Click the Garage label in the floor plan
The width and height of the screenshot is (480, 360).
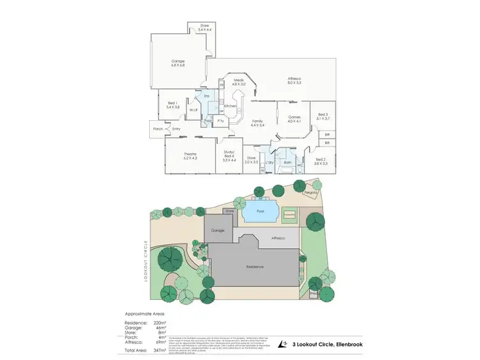(178, 61)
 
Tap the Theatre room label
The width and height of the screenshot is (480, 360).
(190, 153)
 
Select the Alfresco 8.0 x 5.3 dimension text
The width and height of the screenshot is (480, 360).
(294, 82)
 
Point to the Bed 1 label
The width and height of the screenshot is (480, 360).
(172, 103)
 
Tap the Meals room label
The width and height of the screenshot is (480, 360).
(239, 80)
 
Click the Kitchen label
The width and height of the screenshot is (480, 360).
(230, 106)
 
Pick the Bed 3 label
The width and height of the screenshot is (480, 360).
(322, 114)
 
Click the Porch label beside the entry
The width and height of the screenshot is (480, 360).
(159, 129)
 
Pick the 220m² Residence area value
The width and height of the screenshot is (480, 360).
(159, 323)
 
